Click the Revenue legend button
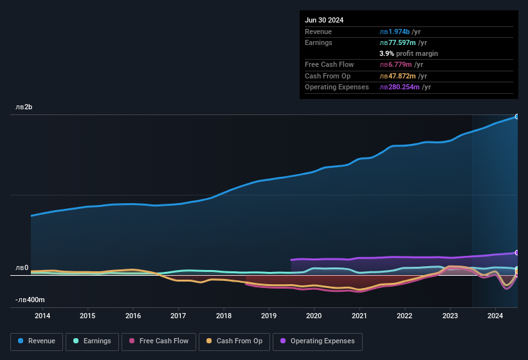click(x=37, y=341)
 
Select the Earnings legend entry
click(x=92, y=341)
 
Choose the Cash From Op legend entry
click(x=234, y=341)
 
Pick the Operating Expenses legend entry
click(x=318, y=341)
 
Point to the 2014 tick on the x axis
click(x=42, y=316)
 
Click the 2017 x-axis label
click(x=178, y=316)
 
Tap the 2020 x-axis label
click(x=314, y=316)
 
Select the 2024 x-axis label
click(x=495, y=316)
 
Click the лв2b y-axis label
click(x=24, y=107)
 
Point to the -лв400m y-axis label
click(x=30, y=300)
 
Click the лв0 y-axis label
click(x=22, y=267)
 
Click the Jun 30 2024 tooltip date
click(x=324, y=20)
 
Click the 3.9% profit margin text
click(x=408, y=53)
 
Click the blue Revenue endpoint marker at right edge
click(x=517, y=116)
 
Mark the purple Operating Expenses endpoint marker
click(x=517, y=253)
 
